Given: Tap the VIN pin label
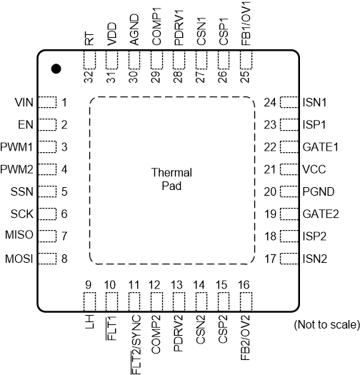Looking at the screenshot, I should click(24, 103).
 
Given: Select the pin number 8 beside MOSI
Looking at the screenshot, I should click(64, 258).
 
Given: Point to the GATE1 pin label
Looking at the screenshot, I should click(320, 147).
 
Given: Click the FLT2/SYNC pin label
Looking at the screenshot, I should click(134, 336).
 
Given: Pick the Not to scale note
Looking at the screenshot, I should click(326, 325).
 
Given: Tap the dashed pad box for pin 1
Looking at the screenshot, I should click(47, 103).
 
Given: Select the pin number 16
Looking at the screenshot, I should click(244, 285).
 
